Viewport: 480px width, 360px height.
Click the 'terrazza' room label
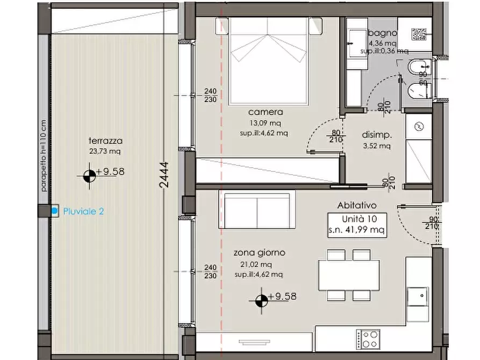(x=105, y=141)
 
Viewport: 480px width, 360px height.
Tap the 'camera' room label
(x=266, y=112)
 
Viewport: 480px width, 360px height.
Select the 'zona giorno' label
(x=259, y=253)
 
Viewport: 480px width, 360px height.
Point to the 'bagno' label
(x=383, y=33)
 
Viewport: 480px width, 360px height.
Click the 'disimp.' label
(x=377, y=135)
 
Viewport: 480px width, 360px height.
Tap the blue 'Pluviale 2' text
(x=83, y=211)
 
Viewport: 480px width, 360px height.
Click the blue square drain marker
(x=54, y=211)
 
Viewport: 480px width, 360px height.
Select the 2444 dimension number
(x=164, y=175)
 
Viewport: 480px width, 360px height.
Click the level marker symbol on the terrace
(x=89, y=176)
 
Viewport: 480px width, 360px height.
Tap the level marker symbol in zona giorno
(x=261, y=300)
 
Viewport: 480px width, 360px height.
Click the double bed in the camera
(x=268, y=61)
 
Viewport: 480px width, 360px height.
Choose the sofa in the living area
(x=257, y=209)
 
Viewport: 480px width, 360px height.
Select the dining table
(x=349, y=275)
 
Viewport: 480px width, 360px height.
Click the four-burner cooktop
(x=368, y=339)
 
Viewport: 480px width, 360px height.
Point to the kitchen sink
(x=418, y=296)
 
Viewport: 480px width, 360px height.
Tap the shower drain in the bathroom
(x=419, y=34)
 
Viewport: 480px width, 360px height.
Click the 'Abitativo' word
(x=356, y=205)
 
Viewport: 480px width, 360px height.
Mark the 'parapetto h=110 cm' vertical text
(x=43, y=156)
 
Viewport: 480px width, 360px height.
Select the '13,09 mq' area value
(x=266, y=123)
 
